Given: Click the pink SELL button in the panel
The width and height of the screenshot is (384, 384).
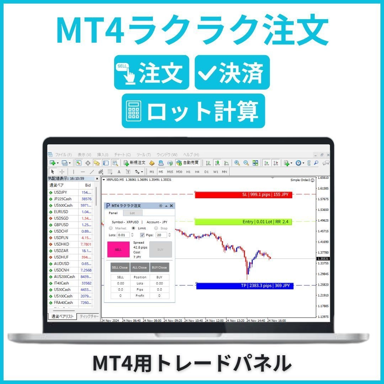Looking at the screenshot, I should click(118, 250).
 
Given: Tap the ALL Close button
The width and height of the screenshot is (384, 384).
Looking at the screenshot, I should click(139, 267).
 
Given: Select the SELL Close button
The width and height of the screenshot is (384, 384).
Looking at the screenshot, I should click(120, 267).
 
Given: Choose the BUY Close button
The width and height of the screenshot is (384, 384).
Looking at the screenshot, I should click(159, 267).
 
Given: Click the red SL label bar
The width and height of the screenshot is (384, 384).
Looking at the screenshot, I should click(243, 195).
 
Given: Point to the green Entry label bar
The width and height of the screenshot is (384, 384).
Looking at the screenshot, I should click(243, 222).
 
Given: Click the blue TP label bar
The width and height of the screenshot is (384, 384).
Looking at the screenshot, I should click(245, 286).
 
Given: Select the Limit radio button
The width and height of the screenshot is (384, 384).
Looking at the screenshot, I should click(134, 228).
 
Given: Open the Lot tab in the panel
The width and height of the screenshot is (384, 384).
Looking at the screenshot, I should click(132, 213).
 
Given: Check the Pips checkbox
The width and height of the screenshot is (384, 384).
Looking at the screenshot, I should click(143, 235).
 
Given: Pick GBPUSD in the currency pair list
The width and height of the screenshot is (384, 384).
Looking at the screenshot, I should click(61, 225).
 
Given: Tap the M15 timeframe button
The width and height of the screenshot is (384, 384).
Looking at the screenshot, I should click(170, 172).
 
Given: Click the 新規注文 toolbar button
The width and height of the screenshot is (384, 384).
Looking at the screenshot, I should click(135, 163).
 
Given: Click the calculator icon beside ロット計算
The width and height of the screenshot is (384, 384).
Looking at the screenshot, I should click(134, 111).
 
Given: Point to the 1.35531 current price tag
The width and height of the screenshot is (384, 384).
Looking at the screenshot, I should click(323, 259).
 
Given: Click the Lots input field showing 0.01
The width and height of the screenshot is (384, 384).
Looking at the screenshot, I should click(123, 235).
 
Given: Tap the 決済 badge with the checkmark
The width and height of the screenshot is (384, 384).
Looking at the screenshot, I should click(232, 72).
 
